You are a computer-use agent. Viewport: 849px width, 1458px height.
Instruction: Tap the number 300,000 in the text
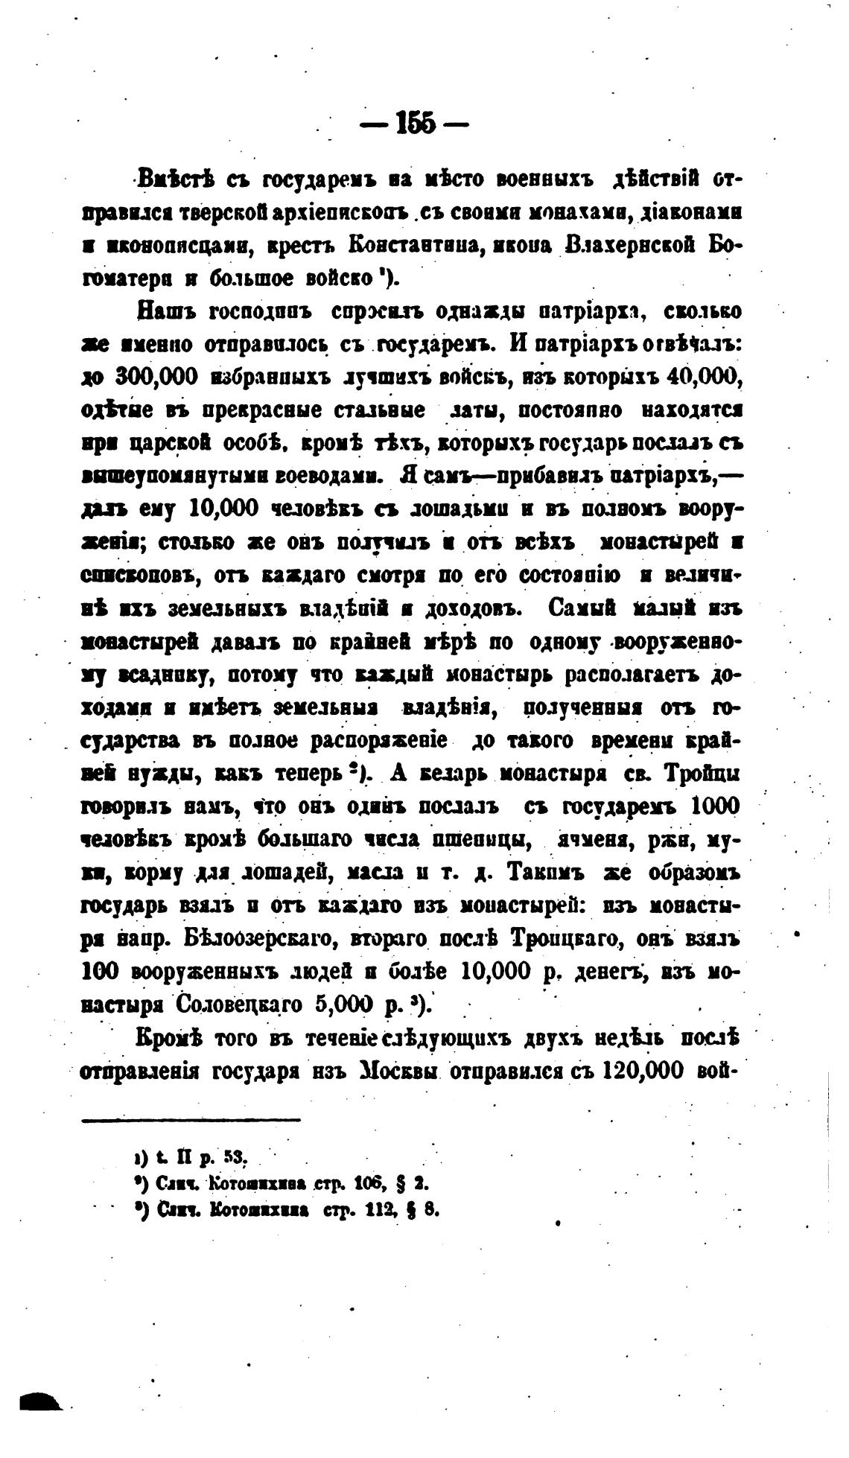click(x=156, y=378)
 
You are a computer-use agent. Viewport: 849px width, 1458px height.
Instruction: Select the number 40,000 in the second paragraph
click(x=702, y=377)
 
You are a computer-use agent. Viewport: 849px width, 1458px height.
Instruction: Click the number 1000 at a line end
click(x=715, y=806)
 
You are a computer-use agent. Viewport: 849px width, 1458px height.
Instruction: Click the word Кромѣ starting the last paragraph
click(x=168, y=1037)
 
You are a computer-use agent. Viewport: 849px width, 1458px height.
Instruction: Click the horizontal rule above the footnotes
click(x=191, y=1118)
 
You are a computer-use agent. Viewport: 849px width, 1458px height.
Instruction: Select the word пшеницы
click(x=483, y=839)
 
